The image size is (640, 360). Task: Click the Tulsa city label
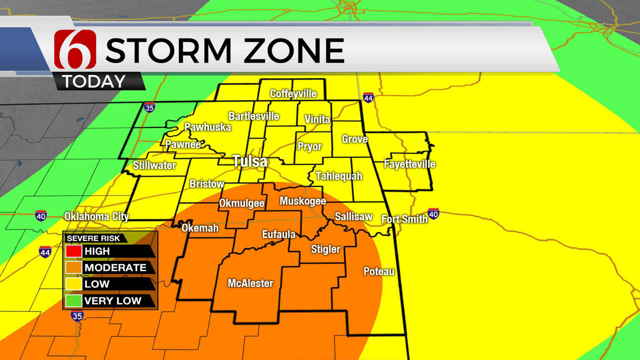[249, 161]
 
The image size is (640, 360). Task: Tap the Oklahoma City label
[96, 216]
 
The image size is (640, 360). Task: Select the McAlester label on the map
[250, 283]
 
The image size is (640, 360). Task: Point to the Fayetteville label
[409, 164]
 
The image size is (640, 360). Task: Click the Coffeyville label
[293, 93]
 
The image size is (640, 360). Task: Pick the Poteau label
[378, 271]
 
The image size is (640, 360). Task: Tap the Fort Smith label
[404, 219]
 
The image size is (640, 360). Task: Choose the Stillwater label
[154, 165]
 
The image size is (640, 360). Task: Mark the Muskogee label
[302, 201]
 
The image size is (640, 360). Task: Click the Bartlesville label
[253, 116]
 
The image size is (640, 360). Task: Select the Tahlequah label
[338, 176]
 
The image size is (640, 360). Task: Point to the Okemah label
[200, 228]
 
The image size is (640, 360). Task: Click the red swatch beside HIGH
[73, 251]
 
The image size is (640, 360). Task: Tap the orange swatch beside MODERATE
[73, 267]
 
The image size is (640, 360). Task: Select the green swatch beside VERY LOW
[73, 300]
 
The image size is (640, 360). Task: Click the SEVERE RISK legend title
[93, 238]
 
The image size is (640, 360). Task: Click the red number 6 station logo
[75, 49]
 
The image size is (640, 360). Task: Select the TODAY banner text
[94, 81]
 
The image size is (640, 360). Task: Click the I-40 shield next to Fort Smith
[433, 214]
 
